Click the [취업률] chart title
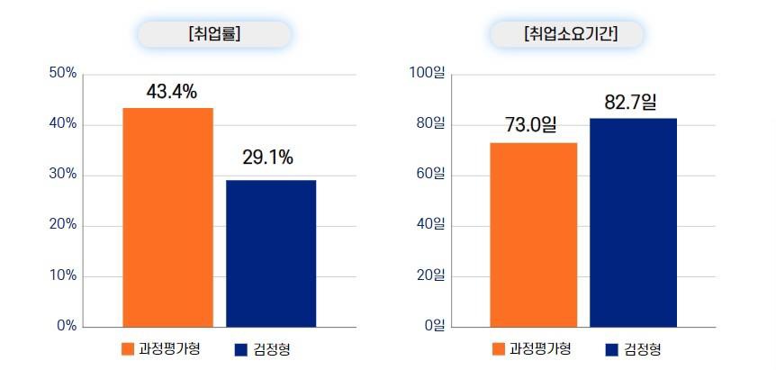[214, 34]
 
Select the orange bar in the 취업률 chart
[168, 217]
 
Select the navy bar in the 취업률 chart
[271, 253]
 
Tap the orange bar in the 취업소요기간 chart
[534, 234]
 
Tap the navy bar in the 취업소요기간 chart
[633, 222]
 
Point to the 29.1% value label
[267, 158]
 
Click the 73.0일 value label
[532, 125]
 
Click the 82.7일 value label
[632, 103]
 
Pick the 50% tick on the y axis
[62, 73]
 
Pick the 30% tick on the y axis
[62, 175]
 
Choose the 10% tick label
[62, 275]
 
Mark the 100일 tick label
[428, 73]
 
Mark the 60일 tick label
[430, 175]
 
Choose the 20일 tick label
[430, 275]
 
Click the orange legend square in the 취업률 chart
[127, 349]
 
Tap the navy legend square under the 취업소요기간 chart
[611, 349]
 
